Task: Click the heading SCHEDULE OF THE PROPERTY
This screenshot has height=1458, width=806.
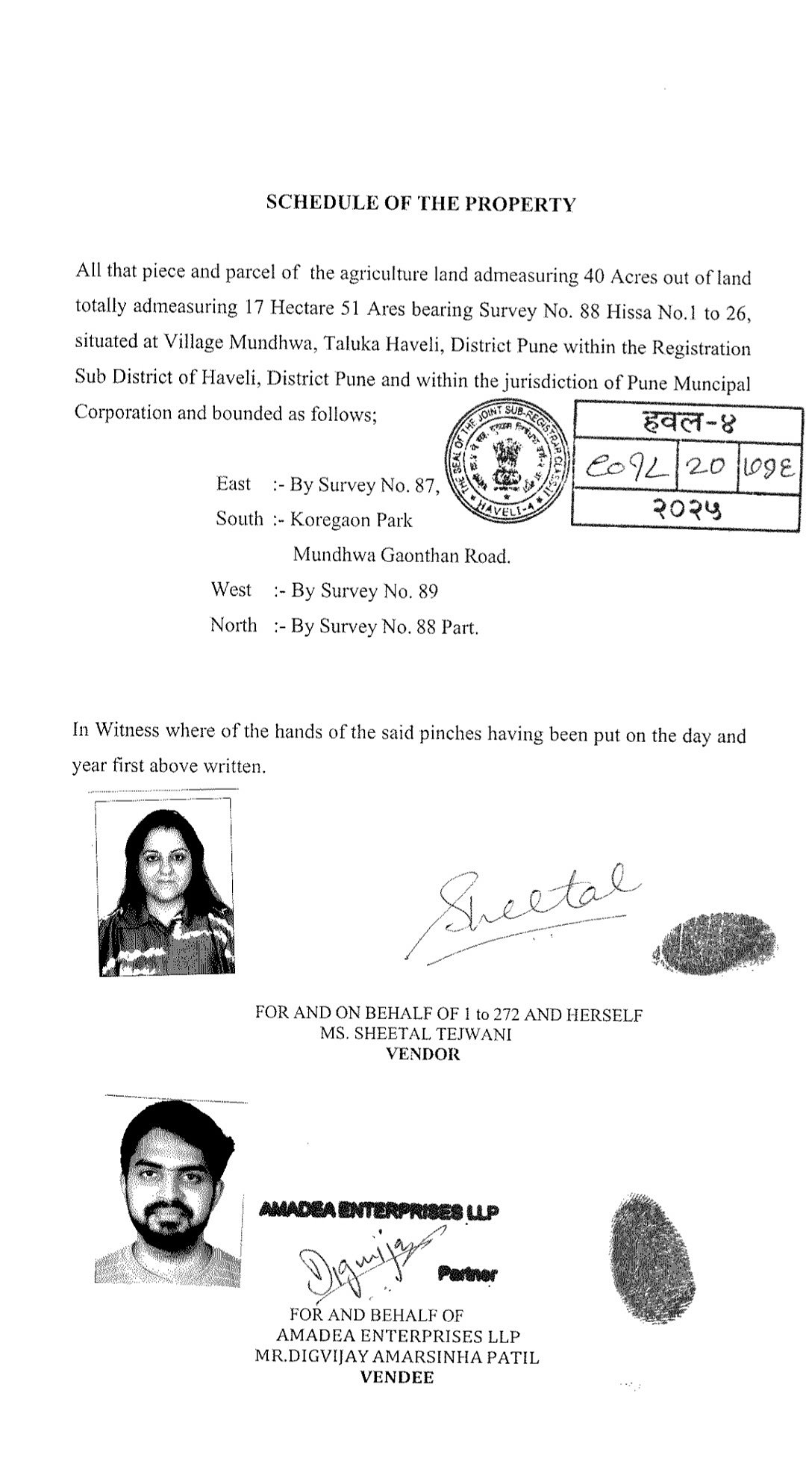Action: (x=421, y=204)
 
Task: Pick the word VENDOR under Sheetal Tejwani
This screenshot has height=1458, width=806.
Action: (x=422, y=1055)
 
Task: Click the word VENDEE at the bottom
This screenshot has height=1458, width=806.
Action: (x=396, y=1377)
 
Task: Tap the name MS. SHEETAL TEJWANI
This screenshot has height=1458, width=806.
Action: (x=416, y=1034)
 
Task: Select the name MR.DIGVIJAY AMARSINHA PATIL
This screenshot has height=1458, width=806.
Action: (x=396, y=1356)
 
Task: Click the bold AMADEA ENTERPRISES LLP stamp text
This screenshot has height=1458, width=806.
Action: (x=379, y=1210)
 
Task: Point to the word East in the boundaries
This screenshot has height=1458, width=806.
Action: (x=234, y=484)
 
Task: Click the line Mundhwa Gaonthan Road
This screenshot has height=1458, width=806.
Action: (x=402, y=555)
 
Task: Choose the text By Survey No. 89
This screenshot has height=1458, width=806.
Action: (x=363, y=591)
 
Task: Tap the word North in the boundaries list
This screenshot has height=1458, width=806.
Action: (x=234, y=625)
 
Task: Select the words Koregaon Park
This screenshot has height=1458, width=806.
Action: (x=350, y=520)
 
